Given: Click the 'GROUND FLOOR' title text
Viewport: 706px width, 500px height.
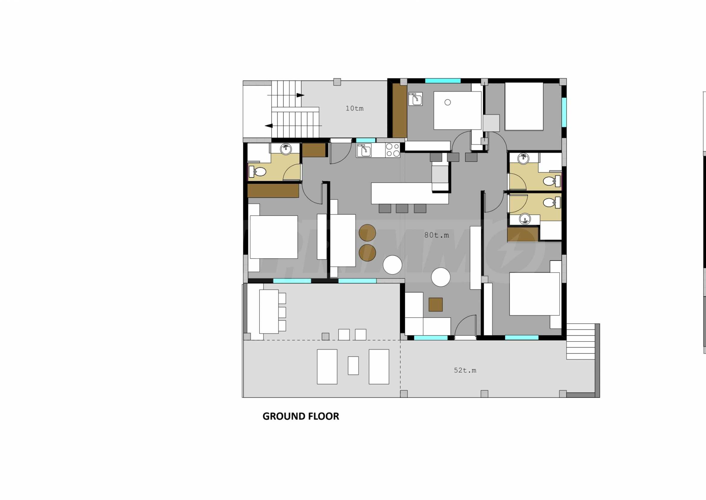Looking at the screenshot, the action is tap(301, 416).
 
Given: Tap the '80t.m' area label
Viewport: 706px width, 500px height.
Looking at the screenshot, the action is tap(436, 235).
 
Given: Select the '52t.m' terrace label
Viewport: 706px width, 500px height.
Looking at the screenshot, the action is tap(465, 370).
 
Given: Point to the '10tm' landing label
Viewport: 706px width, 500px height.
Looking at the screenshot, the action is tap(354, 108).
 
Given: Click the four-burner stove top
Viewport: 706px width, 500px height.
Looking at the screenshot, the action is tap(392, 150).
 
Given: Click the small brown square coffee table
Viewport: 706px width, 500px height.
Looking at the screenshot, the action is tap(435, 304).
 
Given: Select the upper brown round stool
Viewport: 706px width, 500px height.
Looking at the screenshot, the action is tap(367, 233).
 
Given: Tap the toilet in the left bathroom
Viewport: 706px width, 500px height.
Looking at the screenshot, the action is tap(258, 172).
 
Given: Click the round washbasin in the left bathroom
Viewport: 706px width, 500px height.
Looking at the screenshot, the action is tap(286, 149).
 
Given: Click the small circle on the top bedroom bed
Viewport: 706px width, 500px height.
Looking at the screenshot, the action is tap(448, 102).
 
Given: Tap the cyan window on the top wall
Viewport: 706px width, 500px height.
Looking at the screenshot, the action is tap(443, 81).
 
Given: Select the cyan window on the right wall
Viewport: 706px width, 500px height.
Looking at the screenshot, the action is tap(564, 112).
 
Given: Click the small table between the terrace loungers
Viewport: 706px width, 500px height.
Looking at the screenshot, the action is tap(353, 365).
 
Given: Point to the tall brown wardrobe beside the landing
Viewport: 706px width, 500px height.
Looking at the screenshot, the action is tap(399, 110).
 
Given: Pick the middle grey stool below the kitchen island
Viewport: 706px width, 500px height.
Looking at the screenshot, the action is tap(402, 208).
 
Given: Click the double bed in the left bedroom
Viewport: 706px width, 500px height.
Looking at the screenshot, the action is tap(274, 237).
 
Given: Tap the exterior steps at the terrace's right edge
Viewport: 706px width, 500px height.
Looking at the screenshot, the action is tap(580, 342).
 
